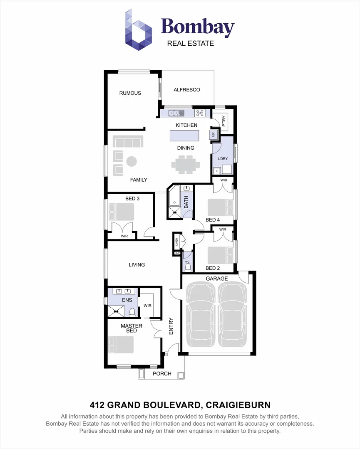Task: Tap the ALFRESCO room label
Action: pos(187,90)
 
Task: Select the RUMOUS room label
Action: pos(130,93)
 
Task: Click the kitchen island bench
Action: pos(184,136)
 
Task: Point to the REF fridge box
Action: pos(214,135)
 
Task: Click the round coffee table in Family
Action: pos(132,161)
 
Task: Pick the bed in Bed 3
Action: pos(121,212)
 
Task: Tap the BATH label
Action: pos(186,202)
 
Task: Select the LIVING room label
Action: pos(137,265)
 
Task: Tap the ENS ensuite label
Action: pos(127,300)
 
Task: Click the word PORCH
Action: pos(162,374)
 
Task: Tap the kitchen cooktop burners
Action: pos(200,113)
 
